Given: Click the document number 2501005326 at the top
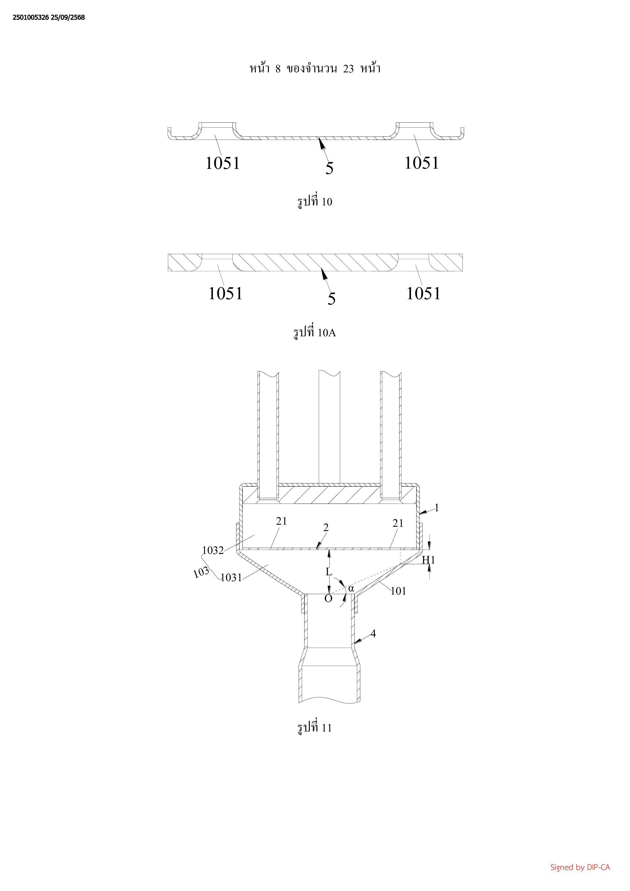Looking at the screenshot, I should (x=31, y=18).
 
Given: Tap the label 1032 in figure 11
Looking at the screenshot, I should (x=213, y=550).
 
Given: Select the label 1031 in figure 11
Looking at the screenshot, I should (x=231, y=578).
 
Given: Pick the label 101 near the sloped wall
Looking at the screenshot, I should (x=398, y=591).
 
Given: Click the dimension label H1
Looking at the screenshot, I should (x=428, y=560).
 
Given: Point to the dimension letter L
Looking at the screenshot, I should (x=329, y=572).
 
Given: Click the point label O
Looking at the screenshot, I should (x=328, y=599).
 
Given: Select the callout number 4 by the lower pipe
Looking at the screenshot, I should (x=373, y=634).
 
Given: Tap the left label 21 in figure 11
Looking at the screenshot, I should (x=282, y=521).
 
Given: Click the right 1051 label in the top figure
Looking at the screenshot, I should (x=422, y=163).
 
